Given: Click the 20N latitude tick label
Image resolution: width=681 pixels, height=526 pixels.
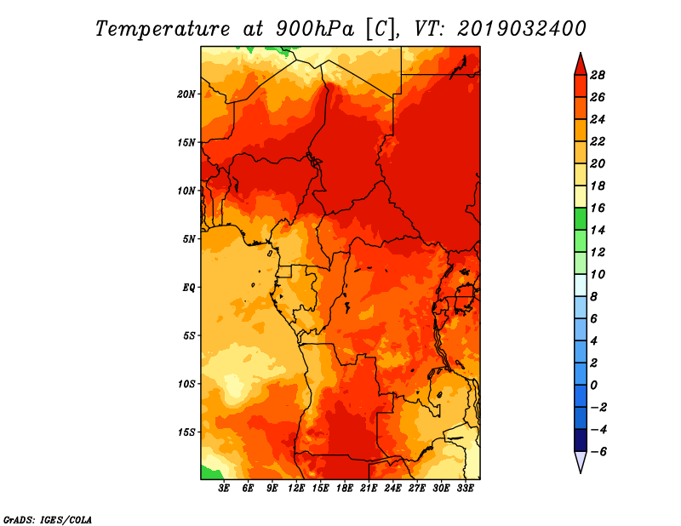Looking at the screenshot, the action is [186, 94].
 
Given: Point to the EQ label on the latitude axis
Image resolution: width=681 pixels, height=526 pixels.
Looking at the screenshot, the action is [189, 288].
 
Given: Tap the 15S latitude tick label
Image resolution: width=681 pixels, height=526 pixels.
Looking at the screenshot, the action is [186, 432].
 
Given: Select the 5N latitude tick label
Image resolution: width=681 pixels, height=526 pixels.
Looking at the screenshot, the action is [189, 239].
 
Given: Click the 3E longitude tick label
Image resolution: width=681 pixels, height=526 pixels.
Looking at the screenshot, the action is [224, 488].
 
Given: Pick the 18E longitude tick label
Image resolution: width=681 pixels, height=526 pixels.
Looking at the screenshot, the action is [345, 488].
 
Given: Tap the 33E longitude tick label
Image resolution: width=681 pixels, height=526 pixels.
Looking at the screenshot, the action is [465, 488].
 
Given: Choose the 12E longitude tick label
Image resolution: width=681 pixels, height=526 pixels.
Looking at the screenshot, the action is [296, 488].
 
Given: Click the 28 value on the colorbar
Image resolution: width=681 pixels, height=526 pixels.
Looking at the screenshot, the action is [598, 75].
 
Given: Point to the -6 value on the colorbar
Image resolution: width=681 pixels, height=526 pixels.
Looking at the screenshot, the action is [598, 452].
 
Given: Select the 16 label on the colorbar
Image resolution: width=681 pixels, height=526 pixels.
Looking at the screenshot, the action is [598, 208].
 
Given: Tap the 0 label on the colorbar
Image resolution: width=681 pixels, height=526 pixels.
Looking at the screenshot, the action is [593, 386].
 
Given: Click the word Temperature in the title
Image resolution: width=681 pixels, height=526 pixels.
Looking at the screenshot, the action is [163, 29].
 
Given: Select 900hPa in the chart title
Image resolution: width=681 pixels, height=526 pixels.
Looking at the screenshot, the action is [314, 29].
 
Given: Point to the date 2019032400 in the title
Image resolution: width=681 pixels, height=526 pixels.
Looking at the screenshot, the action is [521, 29].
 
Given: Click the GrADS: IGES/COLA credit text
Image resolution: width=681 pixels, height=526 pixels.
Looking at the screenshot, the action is [48, 519].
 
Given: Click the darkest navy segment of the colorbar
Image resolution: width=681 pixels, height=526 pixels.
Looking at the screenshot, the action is [581, 440].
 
